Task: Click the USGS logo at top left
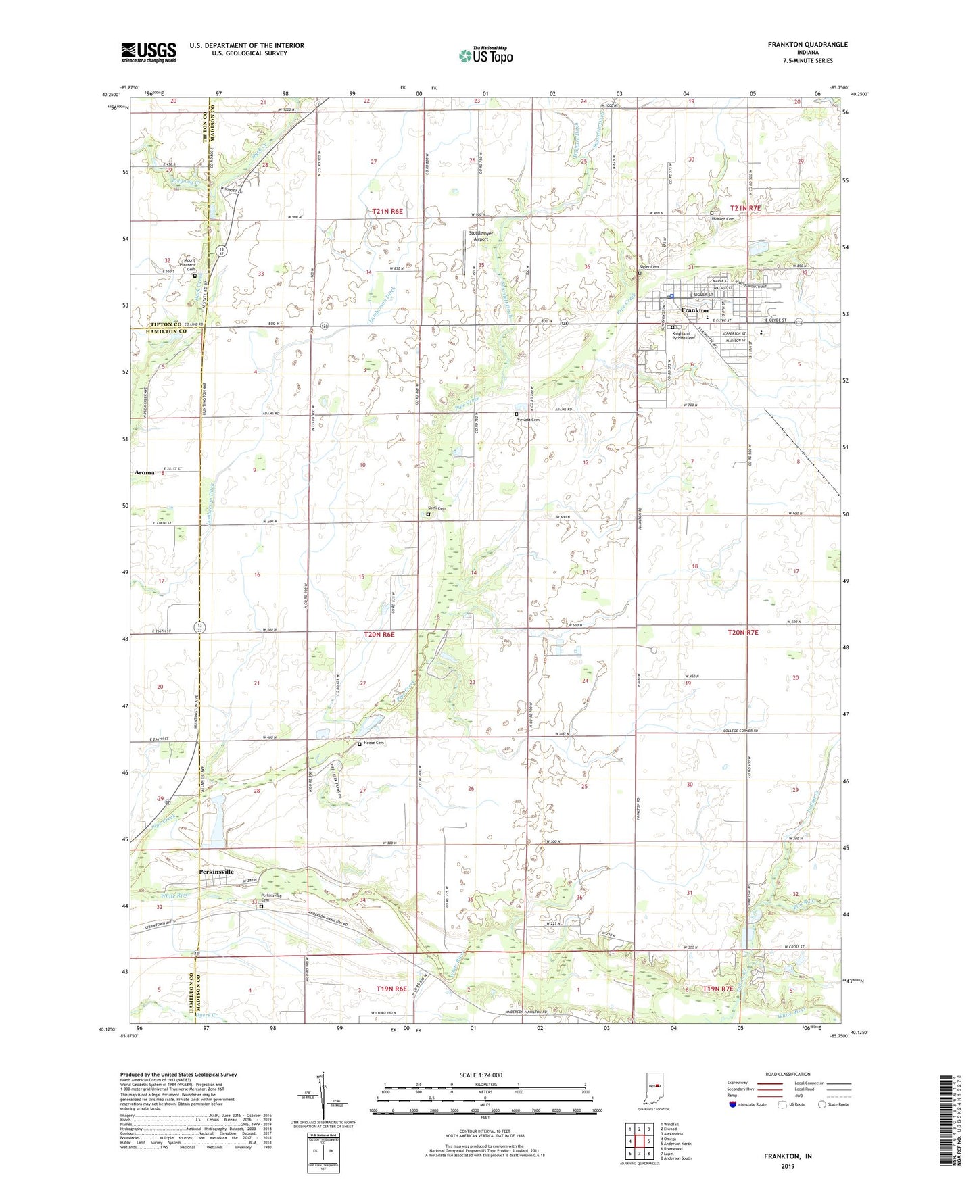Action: pos(148,52)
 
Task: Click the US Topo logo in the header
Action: pos(484,55)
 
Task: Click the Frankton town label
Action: pos(694,310)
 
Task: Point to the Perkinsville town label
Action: pos(216,872)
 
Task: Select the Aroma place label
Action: pos(144,472)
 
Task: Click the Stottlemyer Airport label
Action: pos(481,236)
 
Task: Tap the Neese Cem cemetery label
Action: pos(374,743)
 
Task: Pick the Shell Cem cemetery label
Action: pos(436,508)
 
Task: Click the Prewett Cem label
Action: pos(528,420)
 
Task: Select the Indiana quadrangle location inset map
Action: pos(653,1091)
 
